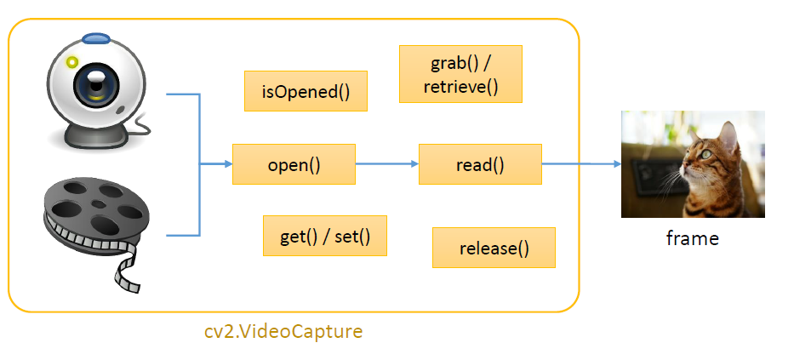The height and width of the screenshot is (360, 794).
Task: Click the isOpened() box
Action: click(306, 91)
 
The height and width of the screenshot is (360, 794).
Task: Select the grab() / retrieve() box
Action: click(460, 74)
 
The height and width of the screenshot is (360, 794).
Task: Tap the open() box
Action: click(294, 164)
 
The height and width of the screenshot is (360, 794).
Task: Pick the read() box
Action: click(480, 164)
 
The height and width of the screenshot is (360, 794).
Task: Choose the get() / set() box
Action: click(325, 236)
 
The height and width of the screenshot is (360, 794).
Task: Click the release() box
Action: click(494, 248)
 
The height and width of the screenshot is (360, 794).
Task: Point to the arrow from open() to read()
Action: click(387, 164)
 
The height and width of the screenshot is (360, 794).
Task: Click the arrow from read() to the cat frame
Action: click(581, 164)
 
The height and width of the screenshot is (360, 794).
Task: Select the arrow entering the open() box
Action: click(216, 164)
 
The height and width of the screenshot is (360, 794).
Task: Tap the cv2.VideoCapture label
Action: click(283, 331)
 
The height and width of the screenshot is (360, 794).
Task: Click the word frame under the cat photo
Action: click(692, 238)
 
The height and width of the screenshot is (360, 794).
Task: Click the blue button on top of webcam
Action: click(95, 38)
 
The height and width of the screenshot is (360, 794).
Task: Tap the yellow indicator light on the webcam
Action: click(72, 62)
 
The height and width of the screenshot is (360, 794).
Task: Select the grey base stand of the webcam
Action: click(96, 134)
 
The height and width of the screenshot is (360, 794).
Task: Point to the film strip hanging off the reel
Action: click(129, 266)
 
